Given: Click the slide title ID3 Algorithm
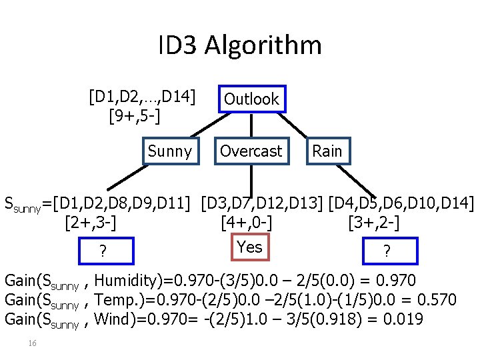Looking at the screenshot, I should point(240,45).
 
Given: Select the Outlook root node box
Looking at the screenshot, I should point(251,99).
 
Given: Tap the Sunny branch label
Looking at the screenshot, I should point(169,151).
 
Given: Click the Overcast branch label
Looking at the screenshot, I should point(251,151).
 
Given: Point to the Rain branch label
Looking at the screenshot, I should point(327,151).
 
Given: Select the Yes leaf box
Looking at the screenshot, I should point(249,247).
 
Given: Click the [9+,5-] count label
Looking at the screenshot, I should point(133,117).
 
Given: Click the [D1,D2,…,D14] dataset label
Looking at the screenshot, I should point(142,99).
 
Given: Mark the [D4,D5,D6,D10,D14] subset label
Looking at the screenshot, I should point(401,201).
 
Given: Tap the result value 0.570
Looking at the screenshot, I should point(437,299).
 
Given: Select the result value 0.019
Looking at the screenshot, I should point(403,319).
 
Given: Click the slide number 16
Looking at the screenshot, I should point(31,343).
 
